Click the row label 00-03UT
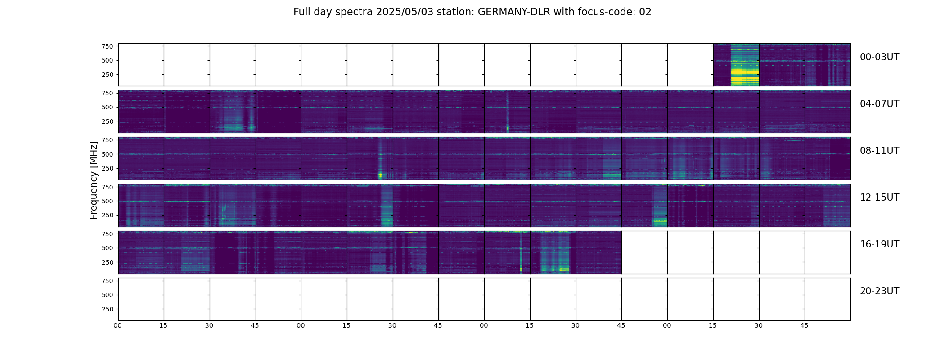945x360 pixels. (879, 57)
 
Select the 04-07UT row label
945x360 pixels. (879, 104)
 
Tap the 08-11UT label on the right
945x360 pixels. (879, 151)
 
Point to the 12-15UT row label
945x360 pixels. (879, 198)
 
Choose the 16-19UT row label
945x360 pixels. (879, 244)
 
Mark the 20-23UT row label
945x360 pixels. (879, 291)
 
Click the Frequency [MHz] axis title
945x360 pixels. (94, 180)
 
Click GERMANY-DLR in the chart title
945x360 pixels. (514, 12)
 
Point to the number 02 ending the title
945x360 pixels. (645, 12)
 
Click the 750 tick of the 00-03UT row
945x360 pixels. (108, 46)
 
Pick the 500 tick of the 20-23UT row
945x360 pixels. (108, 295)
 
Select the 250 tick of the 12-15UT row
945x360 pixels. (108, 216)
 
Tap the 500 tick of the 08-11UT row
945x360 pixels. (108, 154)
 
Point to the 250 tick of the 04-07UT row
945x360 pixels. (108, 121)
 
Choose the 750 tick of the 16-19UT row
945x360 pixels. (108, 234)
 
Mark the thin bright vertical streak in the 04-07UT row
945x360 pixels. (508, 112)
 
